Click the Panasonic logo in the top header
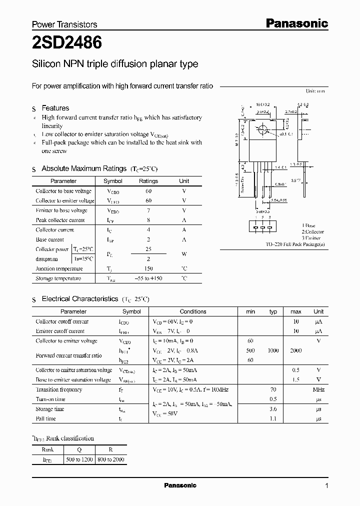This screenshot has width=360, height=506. pyautogui.click(x=296, y=23)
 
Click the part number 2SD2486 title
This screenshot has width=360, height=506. pyautogui.click(x=67, y=43)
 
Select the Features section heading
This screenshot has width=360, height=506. pyautogui.click(x=55, y=108)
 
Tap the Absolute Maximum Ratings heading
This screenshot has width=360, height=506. pyautogui.click(x=83, y=169)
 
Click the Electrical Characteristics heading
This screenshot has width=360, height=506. pyautogui.click(x=79, y=299)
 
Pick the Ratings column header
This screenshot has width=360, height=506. pyautogui.click(x=148, y=181)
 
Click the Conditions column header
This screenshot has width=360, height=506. pyautogui.click(x=192, y=311)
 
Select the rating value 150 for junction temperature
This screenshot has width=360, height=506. pyautogui.click(x=148, y=268)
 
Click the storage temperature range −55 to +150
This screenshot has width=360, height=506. pyautogui.click(x=148, y=278)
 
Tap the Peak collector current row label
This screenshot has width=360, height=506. pyautogui.click(x=60, y=220)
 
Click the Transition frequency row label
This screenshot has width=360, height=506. pyautogui.click(x=59, y=389)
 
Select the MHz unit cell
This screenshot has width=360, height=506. pyautogui.click(x=318, y=389)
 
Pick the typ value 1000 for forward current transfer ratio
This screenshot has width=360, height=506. pyautogui.click(x=273, y=350)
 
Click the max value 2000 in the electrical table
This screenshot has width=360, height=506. pyautogui.click(x=295, y=350)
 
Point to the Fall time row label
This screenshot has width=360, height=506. pyautogui.click(x=46, y=418)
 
